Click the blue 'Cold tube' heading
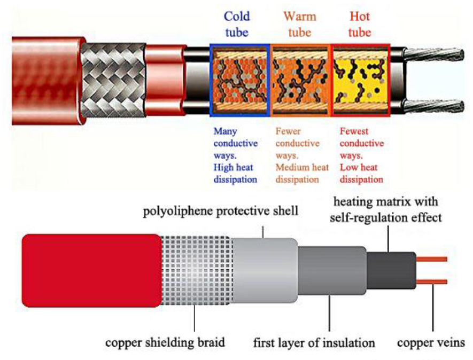[236, 24]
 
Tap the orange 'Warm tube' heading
[299, 24]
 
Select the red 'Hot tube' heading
[359, 24]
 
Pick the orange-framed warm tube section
[301, 80]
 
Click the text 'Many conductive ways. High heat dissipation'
[235, 155]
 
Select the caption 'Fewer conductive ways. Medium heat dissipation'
[301, 155]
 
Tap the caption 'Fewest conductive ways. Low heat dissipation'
[362, 155]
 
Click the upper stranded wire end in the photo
[433, 59]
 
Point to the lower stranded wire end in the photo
[433, 105]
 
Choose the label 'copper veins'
[432, 341]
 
